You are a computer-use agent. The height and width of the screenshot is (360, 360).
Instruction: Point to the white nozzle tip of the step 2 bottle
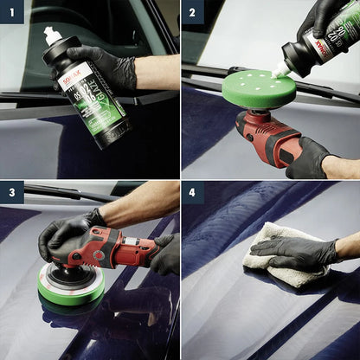tap(278, 71)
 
